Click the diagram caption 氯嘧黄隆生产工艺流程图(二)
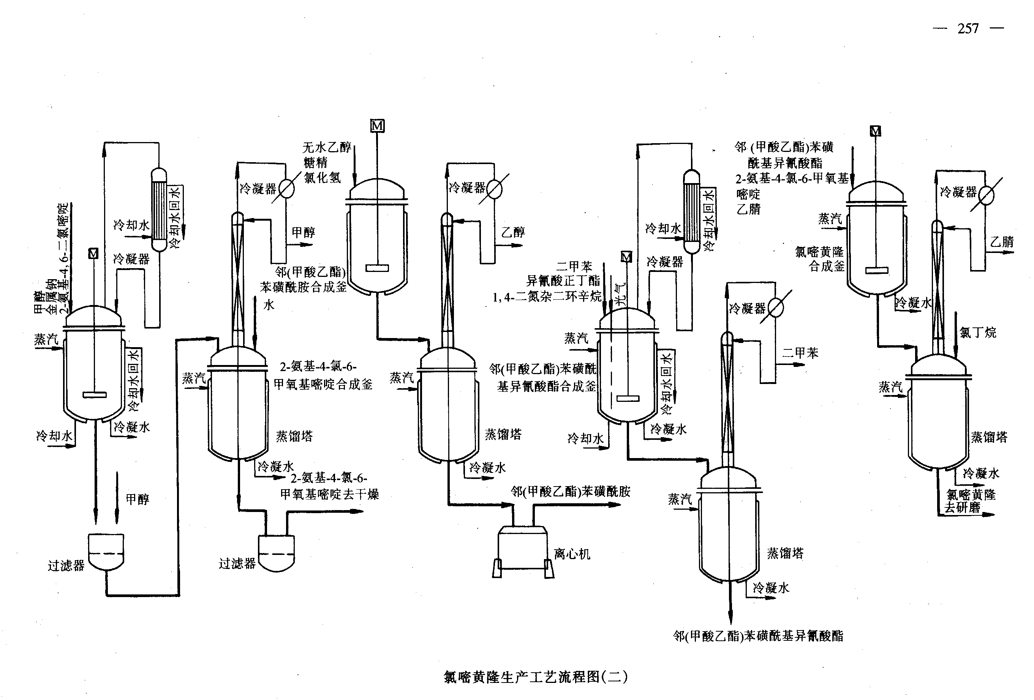(535, 676)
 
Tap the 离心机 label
(572, 554)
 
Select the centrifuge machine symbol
(523, 551)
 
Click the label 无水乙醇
(327, 147)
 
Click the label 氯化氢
(322, 178)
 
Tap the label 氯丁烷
(977, 332)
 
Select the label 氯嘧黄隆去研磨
(970, 501)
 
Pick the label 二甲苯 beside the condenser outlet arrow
(800, 353)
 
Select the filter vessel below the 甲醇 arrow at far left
(106, 551)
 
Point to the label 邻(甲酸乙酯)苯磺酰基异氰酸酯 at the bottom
(758, 636)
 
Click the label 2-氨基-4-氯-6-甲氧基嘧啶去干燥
(329, 486)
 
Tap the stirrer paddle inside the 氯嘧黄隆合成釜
(876, 270)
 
